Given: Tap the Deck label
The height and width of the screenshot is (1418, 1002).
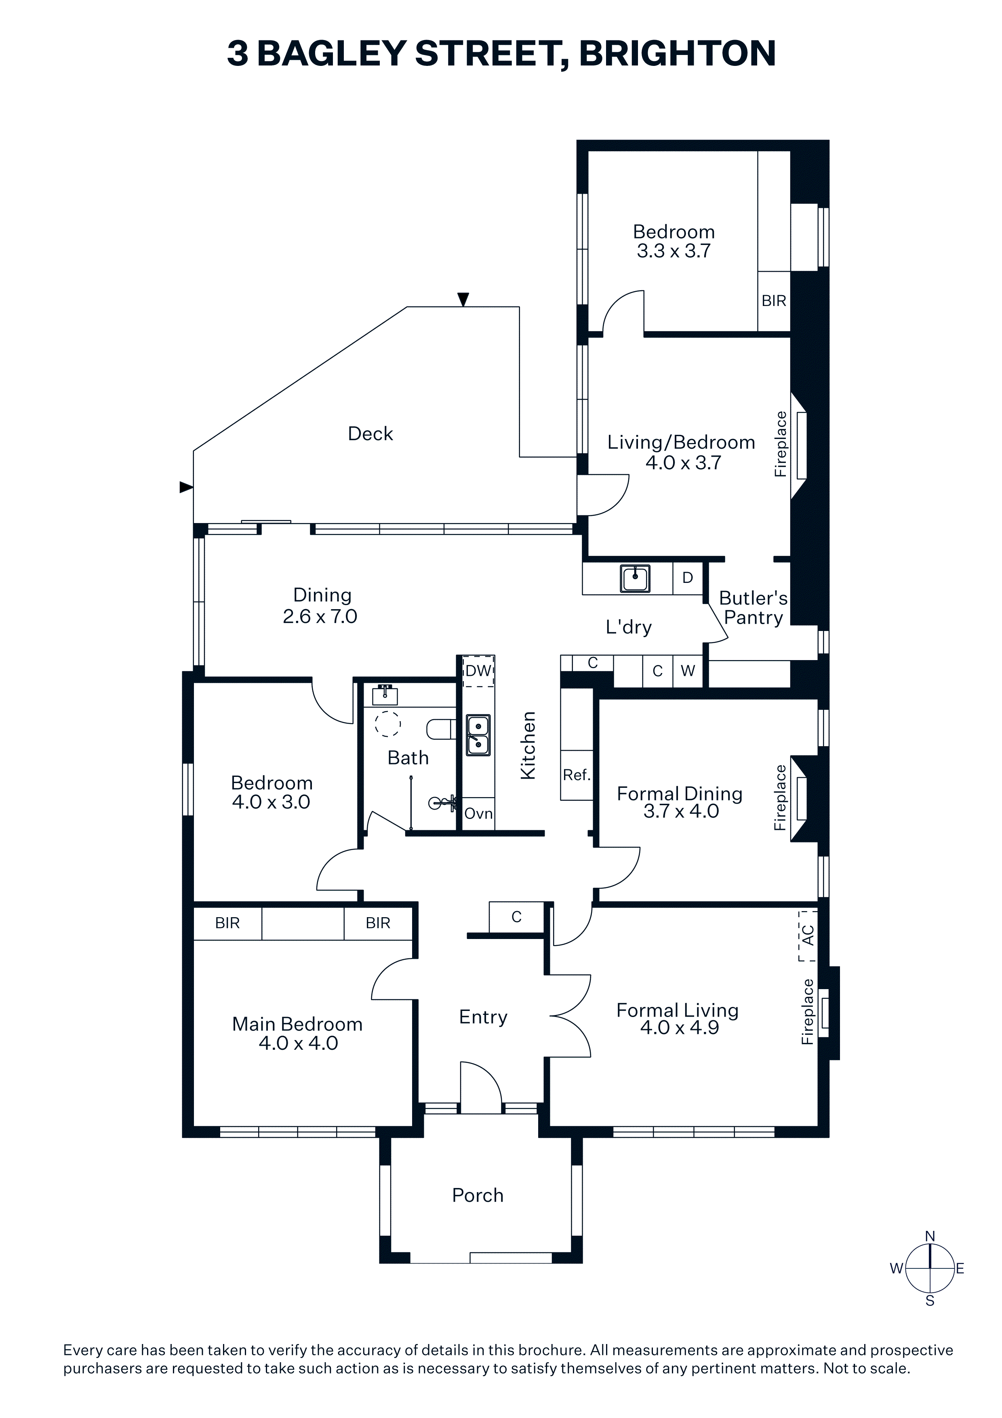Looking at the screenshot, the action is pos(370,434).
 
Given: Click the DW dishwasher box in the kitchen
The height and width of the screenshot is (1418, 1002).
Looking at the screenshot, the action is pos(478,671).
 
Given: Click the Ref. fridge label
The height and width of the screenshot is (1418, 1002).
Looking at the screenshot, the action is pos(577,774).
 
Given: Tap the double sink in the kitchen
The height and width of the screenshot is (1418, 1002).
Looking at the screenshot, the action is pos(478,735).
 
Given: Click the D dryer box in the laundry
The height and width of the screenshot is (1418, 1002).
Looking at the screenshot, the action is pos(687,578).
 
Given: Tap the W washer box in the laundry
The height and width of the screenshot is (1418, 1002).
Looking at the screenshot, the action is pos(688,671).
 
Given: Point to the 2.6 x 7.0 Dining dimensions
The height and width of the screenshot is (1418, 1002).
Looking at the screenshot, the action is pos(320,616).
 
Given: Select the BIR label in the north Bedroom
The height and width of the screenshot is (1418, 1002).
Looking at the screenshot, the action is pos(774,301).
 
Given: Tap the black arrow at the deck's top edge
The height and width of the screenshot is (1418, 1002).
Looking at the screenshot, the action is pos(463,300).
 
